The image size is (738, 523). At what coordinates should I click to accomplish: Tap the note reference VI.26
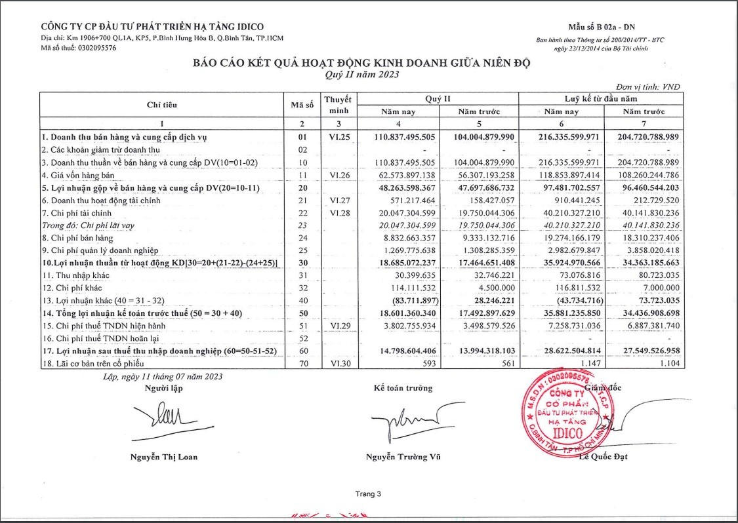click(341, 175)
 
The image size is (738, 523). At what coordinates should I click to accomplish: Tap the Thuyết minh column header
click(338, 105)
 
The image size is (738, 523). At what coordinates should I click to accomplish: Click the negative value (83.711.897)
click(412, 301)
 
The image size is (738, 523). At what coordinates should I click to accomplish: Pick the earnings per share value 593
click(428, 364)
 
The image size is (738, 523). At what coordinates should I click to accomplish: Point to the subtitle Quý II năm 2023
click(361, 75)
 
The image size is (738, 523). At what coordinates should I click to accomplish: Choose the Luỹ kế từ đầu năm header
click(601, 98)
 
